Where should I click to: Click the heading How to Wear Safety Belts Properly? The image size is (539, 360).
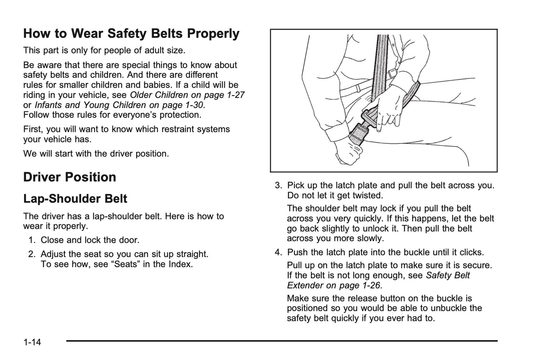pos(131,34)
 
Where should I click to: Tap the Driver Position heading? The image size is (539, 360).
pos(69,177)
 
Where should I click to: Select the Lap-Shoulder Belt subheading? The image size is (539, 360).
pos(75,199)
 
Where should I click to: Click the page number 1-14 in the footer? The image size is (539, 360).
pos(32,342)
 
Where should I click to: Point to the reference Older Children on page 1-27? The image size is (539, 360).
pos(187,95)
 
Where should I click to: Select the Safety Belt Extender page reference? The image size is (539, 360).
pos(378,280)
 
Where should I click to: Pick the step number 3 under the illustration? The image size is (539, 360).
pos(278,186)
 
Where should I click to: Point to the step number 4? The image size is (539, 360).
pos(278,253)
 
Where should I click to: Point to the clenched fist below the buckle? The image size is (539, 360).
pos(348,153)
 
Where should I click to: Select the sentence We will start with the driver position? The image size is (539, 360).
pos(96,154)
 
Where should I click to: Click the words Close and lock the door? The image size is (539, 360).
pos(90,240)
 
